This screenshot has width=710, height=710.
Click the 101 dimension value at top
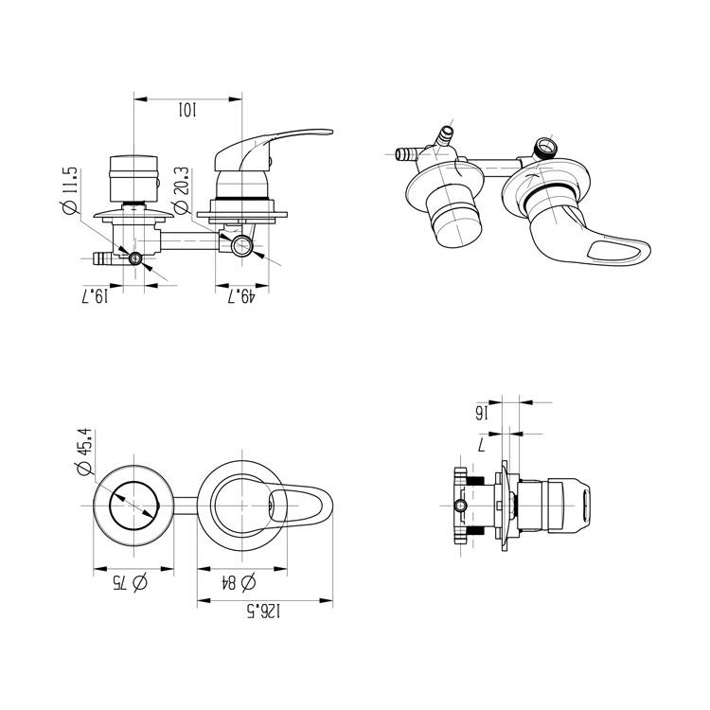click(x=186, y=111)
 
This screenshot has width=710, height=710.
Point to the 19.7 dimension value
click(x=96, y=297)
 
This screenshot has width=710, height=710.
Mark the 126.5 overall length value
click(x=264, y=612)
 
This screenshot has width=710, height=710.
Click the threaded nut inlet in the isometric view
click(x=545, y=148)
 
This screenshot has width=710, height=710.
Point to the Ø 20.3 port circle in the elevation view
click(x=243, y=246)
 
